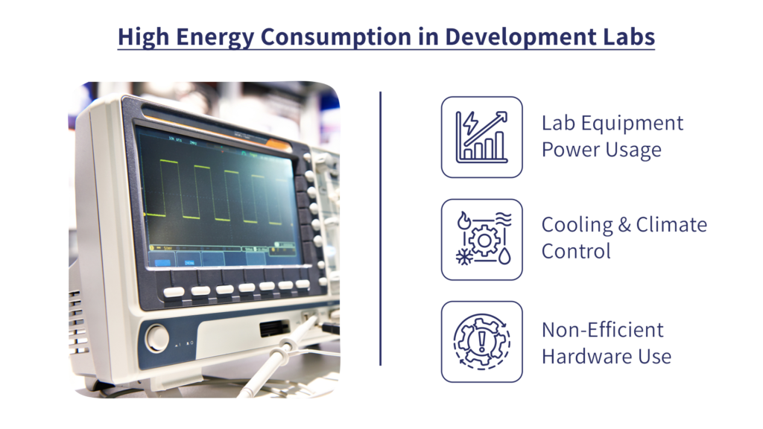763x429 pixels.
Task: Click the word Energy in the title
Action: tap(215, 37)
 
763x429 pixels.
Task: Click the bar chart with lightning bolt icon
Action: tap(482, 137)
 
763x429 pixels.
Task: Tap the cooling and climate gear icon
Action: tap(484, 239)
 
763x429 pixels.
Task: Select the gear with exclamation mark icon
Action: tap(482, 341)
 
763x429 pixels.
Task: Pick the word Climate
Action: tap(671, 225)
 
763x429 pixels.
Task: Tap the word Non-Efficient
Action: tap(602, 330)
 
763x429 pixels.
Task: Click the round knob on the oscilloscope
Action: tap(157, 337)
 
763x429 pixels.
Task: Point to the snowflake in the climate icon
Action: tap(464, 257)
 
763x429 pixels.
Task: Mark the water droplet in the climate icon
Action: tap(504, 256)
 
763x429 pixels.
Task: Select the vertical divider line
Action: tap(381, 228)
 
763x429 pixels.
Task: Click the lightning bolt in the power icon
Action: tap(471, 124)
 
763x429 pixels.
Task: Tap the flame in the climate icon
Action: tap(463, 221)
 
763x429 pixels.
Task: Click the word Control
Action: tap(576, 252)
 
